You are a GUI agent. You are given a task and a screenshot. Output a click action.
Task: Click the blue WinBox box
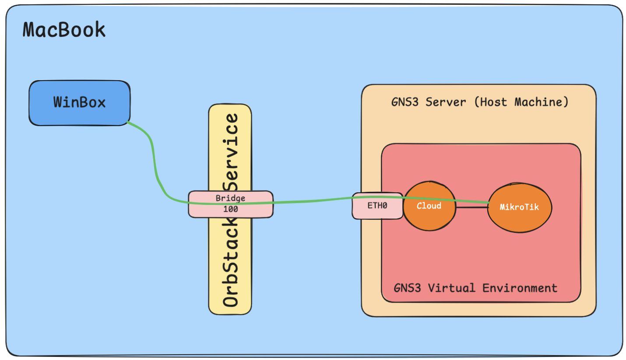click(x=79, y=103)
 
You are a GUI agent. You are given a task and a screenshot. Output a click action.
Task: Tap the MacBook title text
click(x=64, y=30)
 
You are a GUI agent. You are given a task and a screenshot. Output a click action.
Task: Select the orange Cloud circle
click(x=429, y=206)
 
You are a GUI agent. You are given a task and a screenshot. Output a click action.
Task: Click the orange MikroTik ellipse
click(x=520, y=207)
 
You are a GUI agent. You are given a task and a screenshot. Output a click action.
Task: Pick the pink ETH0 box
click(x=377, y=205)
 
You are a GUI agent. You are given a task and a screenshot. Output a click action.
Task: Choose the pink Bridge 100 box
click(x=231, y=204)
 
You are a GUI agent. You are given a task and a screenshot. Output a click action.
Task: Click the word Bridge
click(x=230, y=198)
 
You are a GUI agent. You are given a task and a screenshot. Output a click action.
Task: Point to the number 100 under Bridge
click(x=230, y=209)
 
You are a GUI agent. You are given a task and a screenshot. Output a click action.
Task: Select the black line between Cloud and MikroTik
click(x=472, y=207)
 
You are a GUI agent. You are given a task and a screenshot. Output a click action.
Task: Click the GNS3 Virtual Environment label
click(x=475, y=288)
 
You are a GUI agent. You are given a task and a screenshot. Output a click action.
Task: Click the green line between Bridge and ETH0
click(x=311, y=202)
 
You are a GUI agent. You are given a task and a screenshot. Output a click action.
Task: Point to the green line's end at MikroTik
click(x=489, y=202)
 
